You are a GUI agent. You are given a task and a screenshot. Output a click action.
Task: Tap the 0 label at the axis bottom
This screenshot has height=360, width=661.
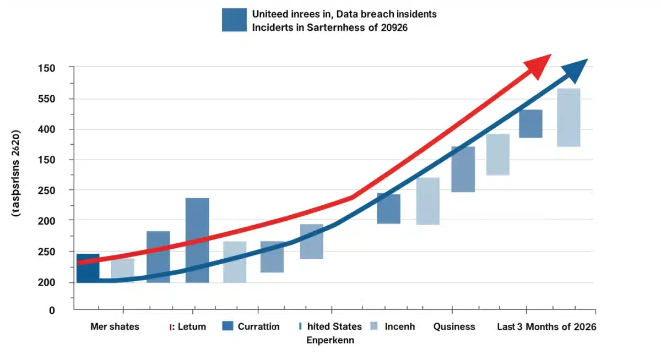pyautogui.click(x=52, y=310)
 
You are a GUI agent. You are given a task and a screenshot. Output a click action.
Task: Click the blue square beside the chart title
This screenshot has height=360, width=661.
pyautogui.click(x=234, y=20)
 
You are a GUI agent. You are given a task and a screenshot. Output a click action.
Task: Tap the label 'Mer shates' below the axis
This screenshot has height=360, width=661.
pyautogui.click(x=115, y=326)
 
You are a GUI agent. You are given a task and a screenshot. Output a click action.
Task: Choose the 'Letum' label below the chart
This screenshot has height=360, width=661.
pyautogui.click(x=192, y=326)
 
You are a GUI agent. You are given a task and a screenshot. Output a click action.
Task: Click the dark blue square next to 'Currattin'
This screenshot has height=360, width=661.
pyautogui.click(x=228, y=326)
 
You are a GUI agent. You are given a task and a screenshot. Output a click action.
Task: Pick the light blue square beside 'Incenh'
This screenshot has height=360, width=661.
pyautogui.click(x=375, y=326)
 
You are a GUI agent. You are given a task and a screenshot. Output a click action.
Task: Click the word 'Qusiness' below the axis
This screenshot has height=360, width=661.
pyautogui.click(x=454, y=326)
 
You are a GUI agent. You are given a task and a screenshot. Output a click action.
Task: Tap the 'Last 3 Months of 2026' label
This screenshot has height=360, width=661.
pyautogui.click(x=546, y=326)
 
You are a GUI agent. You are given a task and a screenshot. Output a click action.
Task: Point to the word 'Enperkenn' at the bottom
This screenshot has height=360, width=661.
pyautogui.click(x=330, y=340)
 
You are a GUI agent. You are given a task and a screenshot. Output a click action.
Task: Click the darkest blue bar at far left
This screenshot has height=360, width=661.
pyautogui.click(x=88, y=268)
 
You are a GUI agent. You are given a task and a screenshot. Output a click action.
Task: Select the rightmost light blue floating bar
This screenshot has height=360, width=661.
pyautogui.click(x=568, y=117)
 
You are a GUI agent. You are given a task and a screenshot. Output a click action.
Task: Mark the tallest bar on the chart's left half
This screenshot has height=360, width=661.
pyautogui.click(x=197, y=240)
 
